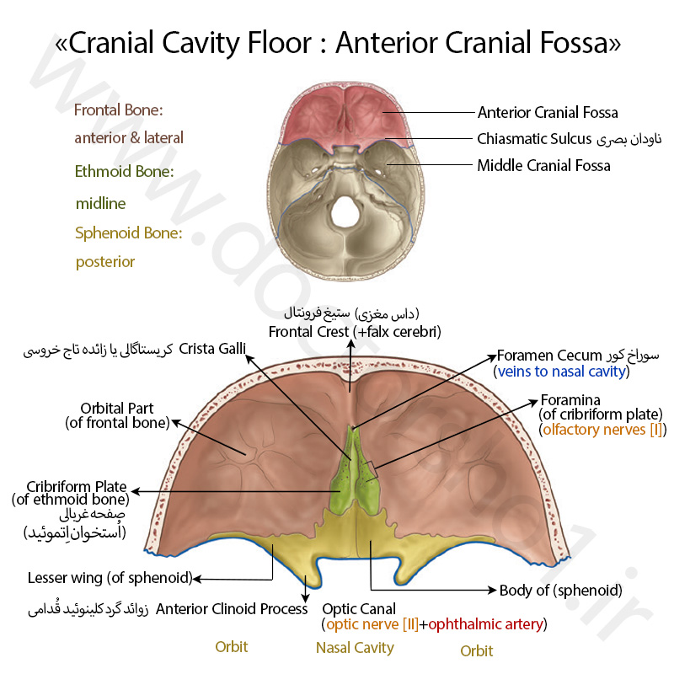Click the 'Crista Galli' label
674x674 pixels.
(x=212, y=349)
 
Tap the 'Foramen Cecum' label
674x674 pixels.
(x=549, y=356)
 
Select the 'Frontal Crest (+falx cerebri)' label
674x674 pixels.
(x=355, y=332)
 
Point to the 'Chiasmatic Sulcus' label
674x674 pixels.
(x=534, y=139)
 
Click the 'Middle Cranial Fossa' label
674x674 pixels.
(x=543, y=165)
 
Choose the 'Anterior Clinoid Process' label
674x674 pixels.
(x=232, y=608)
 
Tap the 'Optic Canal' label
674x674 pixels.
(x=359, y=609)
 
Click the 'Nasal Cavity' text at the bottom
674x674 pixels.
(x=355, y=648)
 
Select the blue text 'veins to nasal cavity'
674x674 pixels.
(x=561, y=372)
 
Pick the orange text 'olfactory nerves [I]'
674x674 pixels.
(x=602, y=430)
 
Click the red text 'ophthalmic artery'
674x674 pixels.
(x=486, y=624)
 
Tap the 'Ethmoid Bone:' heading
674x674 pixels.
(x=124, y=172)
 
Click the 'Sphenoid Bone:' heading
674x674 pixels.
(x=129, y=233)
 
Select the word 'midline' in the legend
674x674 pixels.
(x=100, y=203)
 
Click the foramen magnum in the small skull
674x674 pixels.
(x=345, y=211)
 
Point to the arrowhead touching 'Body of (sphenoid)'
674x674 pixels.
(x=492, y=590)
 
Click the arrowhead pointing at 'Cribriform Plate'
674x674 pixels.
(x=136, y=491)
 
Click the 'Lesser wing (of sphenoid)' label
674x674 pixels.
(x=110, y=578)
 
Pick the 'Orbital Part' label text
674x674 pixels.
(x=117, y=408)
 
